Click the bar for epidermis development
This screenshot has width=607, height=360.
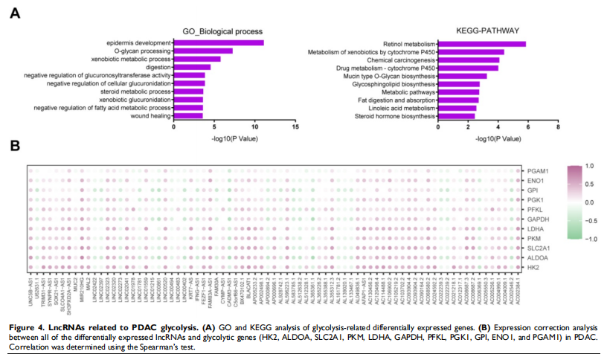coord(219,42)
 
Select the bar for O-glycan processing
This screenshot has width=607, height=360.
coord(203,51)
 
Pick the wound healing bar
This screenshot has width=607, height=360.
coord(188,116)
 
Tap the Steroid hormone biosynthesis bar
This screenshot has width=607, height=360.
coord(457,116)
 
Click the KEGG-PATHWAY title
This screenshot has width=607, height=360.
coord(488,30)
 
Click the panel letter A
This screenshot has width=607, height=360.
coord(13,13)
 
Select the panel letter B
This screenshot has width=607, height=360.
coord(13,146)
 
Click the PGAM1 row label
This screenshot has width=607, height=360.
coord(538,171)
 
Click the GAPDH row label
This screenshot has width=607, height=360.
coord(537,219)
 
